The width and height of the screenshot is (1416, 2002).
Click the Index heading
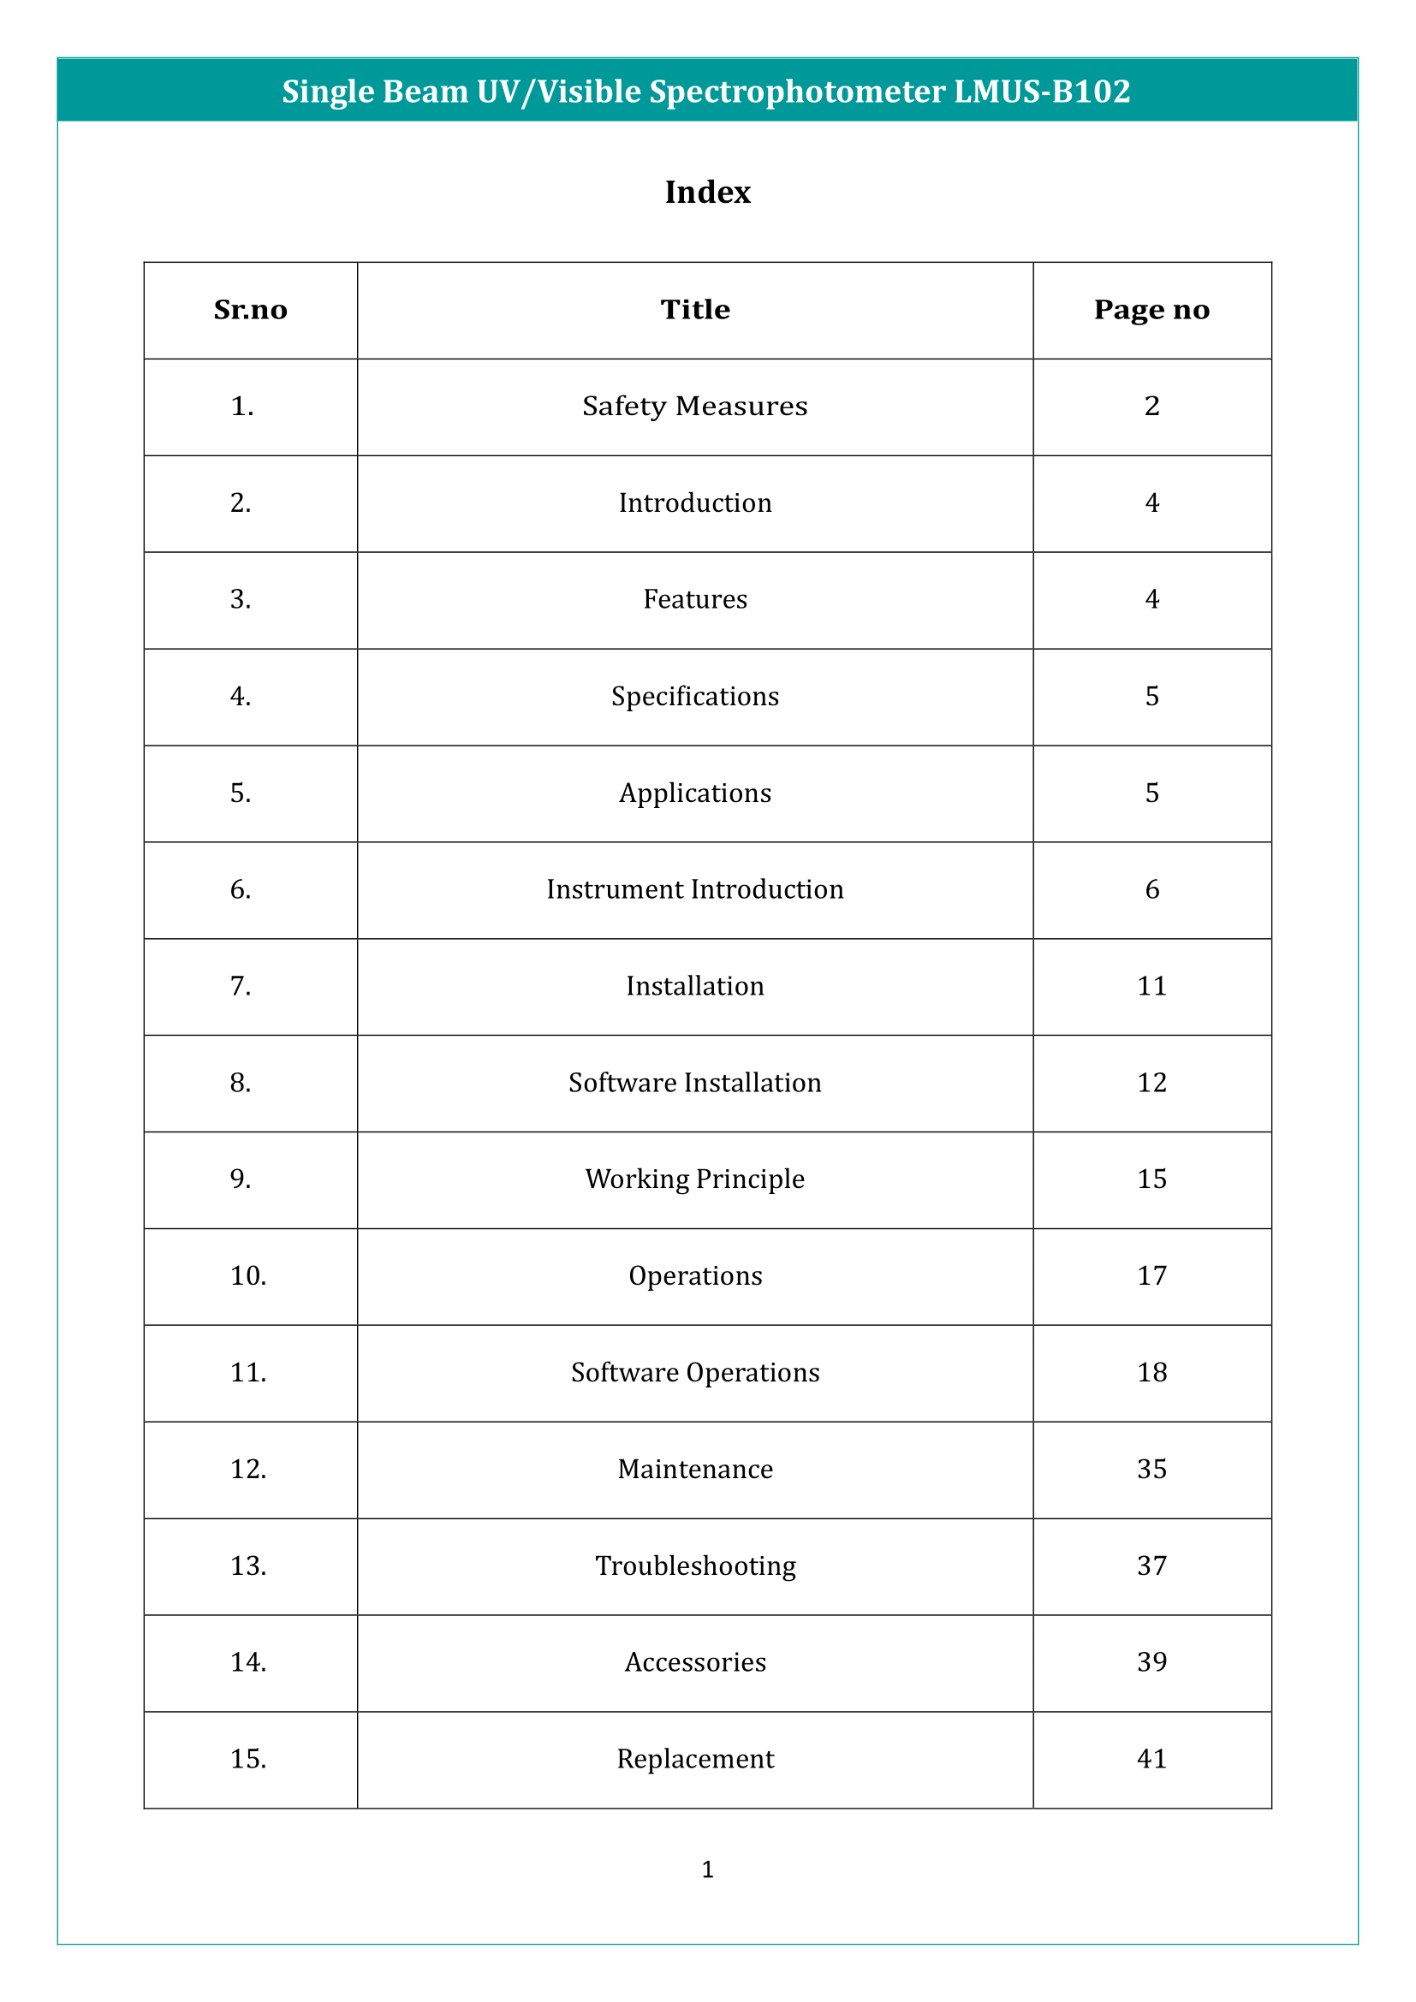707,192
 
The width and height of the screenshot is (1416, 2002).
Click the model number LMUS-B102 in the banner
1042,92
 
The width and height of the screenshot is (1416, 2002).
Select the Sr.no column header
250,310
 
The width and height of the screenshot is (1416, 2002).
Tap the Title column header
695,310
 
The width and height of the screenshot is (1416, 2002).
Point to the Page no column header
1151,310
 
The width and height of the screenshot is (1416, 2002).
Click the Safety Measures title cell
695,407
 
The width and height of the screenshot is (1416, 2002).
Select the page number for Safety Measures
1151,407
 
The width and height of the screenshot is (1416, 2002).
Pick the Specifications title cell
695,697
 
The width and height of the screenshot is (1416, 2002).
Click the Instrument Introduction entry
695,889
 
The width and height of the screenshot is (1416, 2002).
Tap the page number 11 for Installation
1151,986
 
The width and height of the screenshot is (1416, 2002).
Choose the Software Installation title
695,1083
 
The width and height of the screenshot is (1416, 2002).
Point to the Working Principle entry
695,1179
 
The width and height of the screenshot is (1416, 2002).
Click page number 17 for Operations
1151,1276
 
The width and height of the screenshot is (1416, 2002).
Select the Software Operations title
695,1373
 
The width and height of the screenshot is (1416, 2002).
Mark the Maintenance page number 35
1151,1470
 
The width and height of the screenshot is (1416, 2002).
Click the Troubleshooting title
695,1567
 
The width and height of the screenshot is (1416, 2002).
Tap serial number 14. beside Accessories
248,1663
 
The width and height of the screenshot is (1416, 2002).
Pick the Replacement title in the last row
695,1760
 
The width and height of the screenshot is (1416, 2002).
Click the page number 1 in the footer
707,1869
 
